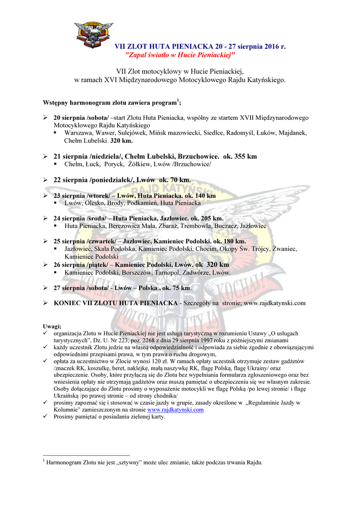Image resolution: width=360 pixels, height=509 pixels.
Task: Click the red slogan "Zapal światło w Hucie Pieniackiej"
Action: coord(179,54)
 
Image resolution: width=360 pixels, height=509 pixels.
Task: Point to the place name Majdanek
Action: coord(293,133)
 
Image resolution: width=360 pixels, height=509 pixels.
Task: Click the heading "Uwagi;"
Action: coord(52,326)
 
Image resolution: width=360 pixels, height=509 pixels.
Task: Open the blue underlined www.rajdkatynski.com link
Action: coord(176,410)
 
